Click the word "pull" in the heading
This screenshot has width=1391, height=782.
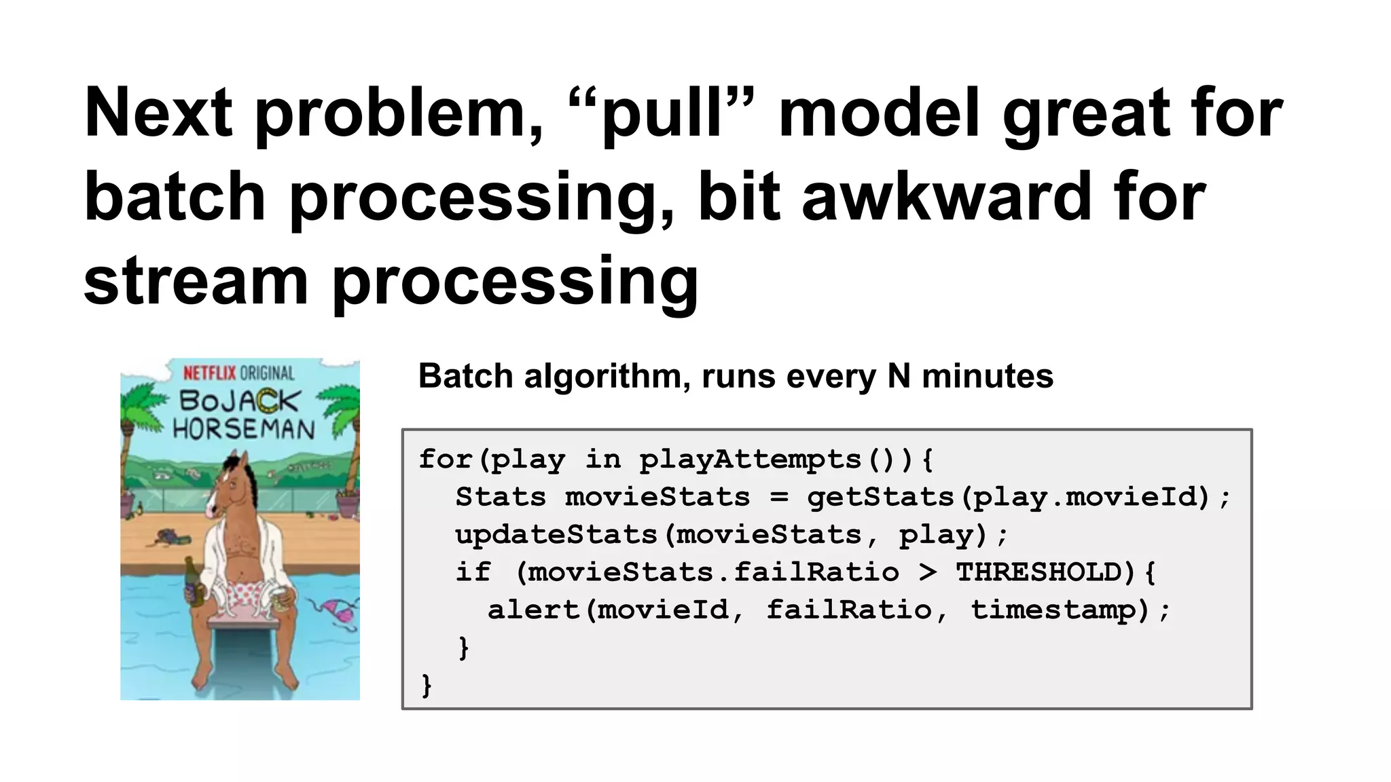point(663,115)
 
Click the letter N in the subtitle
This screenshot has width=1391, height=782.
point(899,376)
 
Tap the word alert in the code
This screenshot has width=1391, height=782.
point(533,610)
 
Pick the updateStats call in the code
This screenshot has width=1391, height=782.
point(556,535)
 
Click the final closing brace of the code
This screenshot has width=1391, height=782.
point(427,685)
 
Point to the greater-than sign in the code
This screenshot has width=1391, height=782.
point(927,572)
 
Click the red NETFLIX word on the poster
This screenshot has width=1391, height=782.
point(209,373)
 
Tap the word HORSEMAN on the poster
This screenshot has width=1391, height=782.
point(244,429)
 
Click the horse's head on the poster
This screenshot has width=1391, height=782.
point(231,485)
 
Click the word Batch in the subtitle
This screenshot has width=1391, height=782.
point(465,376)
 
